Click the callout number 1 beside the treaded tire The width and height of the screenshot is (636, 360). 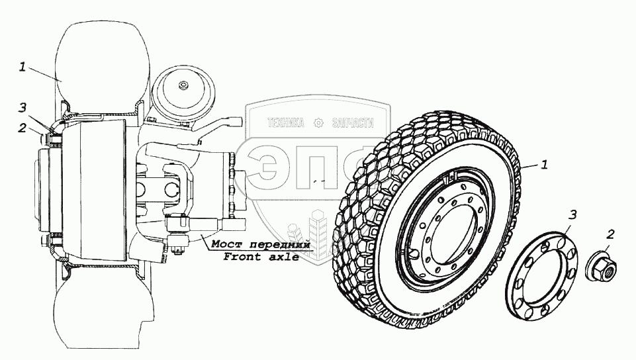(544, 164)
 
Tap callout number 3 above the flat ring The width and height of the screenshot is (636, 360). (572, 214)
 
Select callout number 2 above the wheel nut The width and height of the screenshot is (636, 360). (610, 234)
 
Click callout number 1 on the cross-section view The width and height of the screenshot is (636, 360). (23, 67)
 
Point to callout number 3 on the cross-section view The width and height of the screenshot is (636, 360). (23, 108)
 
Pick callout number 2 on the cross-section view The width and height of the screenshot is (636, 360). (22, 128)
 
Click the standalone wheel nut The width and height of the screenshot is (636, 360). (601, 266)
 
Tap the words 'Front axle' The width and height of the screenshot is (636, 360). (261, 257)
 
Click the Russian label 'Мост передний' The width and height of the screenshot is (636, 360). (260, 244)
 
